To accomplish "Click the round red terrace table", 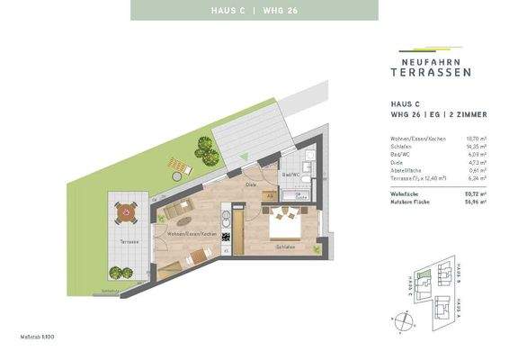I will click(x=127, y=212).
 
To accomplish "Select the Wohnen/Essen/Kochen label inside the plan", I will click(x=190, y=233).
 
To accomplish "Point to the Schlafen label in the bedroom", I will click(x=287, y=246).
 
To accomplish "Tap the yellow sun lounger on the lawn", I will click(x=178, y=166).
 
